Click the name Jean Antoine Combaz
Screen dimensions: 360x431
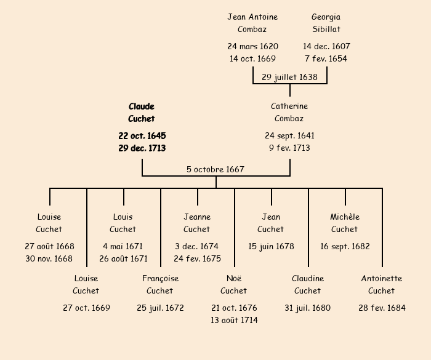tap(252, 23)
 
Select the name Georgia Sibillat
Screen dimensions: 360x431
tap(326, 23)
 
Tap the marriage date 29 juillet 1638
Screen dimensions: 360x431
tap(289, 77)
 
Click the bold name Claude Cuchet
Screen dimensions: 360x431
tap(142, 113)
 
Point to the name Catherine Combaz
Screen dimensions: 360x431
tap(289, 113)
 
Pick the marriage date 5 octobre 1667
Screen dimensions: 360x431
tap(216, 169)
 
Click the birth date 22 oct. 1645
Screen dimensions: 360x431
tap(142, 135)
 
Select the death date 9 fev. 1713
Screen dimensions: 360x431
tap(289, 148)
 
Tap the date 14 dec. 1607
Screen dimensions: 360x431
tap(326, 46)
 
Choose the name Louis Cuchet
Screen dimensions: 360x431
tap(123, 223)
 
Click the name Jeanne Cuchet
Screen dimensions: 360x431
tap(197, 223)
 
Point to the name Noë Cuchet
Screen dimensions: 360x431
tap(234, 284)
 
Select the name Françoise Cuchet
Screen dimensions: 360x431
tap(160, 284)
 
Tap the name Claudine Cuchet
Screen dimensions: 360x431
tap(308, 284)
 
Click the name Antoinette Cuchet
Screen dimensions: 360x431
tap(382, 284)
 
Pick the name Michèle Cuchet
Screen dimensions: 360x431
tap(345, 223)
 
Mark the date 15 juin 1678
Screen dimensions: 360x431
tap(271, 246)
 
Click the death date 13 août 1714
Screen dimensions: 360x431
tap(234, 320)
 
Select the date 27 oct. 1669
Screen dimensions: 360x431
tap(86, 308)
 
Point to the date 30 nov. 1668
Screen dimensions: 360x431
tap(49, 258)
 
